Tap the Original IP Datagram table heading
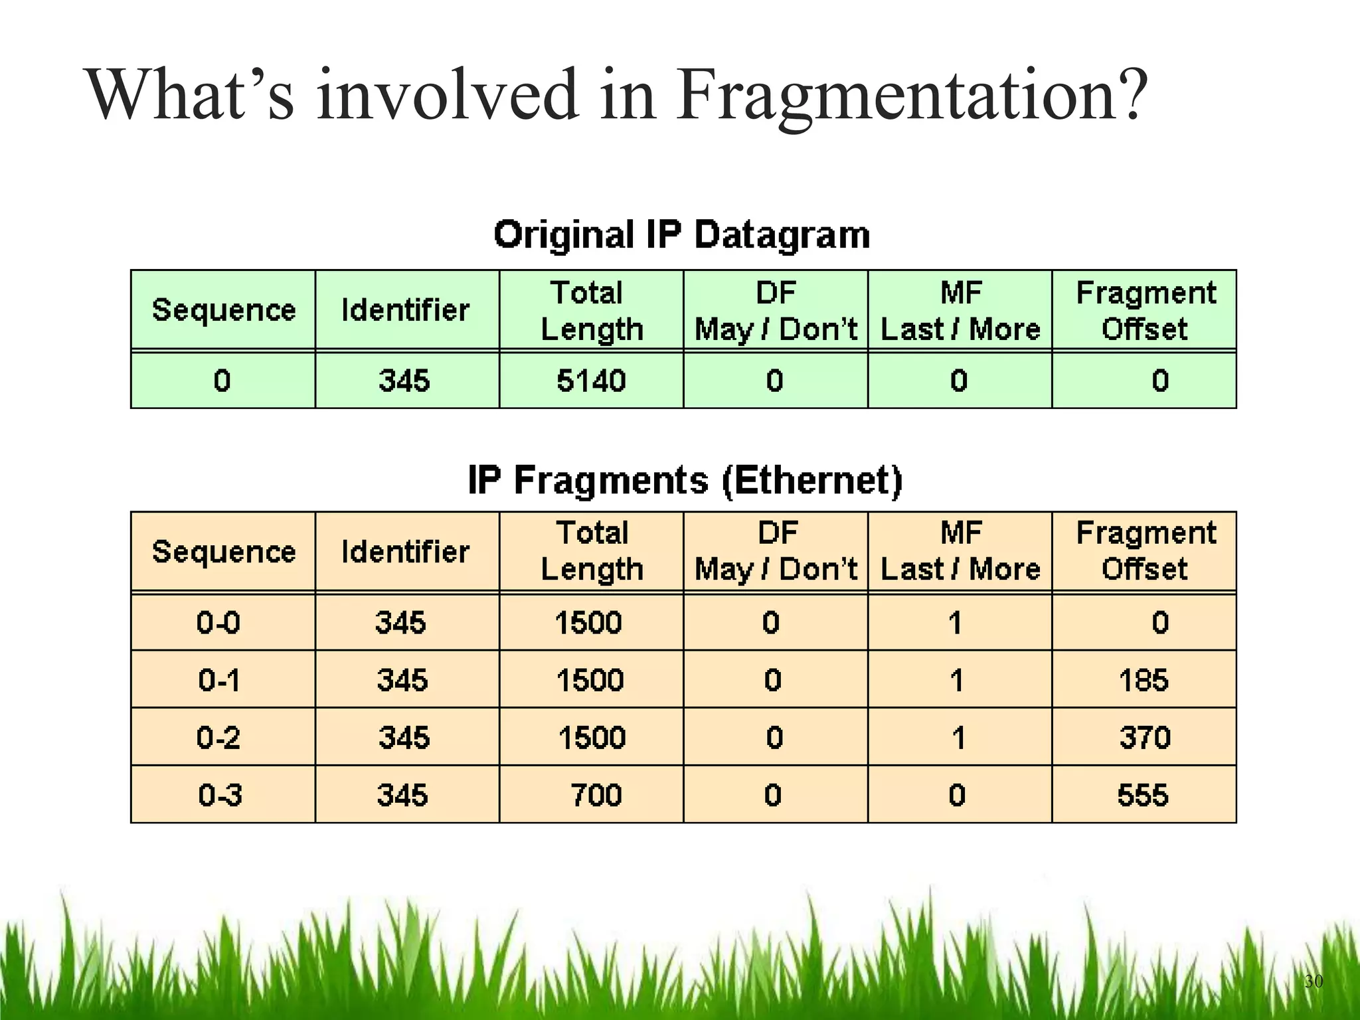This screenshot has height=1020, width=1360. (x=682, y=235)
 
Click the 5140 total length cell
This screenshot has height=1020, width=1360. (x=591, y=381)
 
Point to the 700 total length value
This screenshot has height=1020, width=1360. (x=596, y=795)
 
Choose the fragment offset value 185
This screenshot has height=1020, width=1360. (x=1144, y=680)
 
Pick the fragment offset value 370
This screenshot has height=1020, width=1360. (x=1145, y=738)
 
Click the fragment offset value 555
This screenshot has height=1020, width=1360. (x=1142, y=795)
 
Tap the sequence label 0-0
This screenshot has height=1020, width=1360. (x=218, y=623)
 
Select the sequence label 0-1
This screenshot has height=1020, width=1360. (x=218, y=680)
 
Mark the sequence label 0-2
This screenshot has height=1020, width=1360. (x=218, y=738)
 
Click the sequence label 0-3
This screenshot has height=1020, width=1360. (x=220, y=795)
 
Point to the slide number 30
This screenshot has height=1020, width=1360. (x=1314, y=981)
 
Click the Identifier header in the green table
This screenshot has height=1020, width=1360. (x=405, y=310)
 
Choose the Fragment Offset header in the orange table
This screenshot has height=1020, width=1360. (x=1146, y=551)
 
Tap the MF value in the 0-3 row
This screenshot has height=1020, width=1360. (x=957, y=795)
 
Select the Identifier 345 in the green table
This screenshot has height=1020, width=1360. (x=404, y=381)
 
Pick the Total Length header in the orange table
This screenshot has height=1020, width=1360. (x=592, y=551)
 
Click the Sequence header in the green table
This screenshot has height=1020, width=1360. (x=224, y=310)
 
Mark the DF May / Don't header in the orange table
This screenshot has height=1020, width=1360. (x=776, y=551)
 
